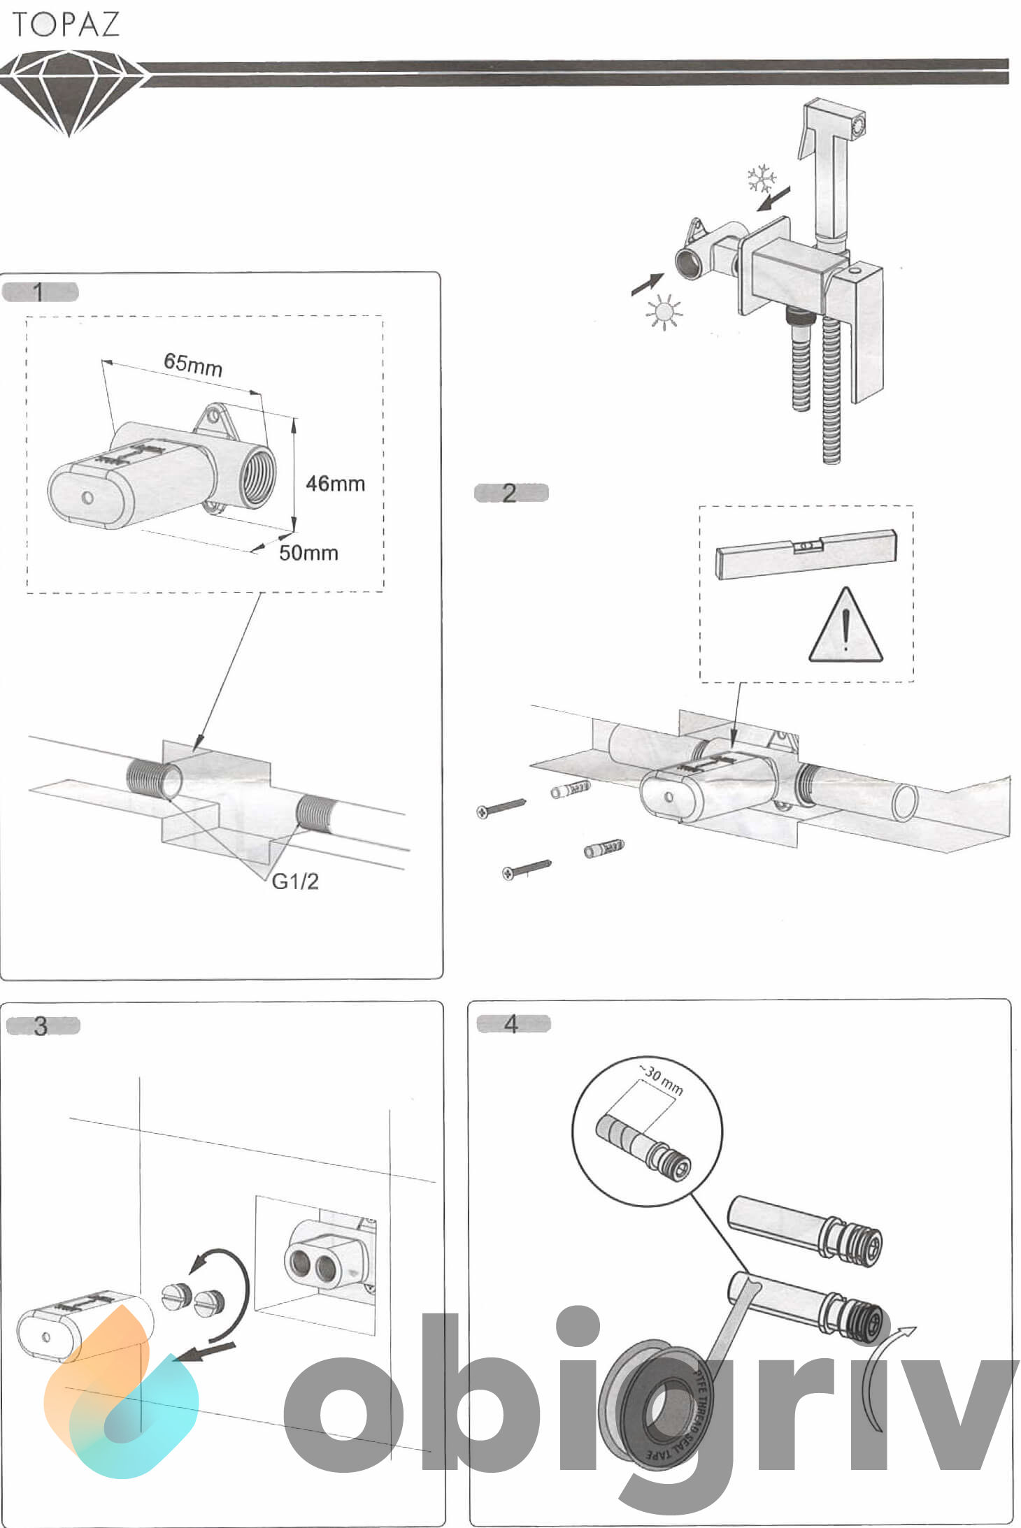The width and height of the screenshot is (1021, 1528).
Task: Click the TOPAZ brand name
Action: pos(66,24)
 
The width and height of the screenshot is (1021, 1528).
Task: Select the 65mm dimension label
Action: pos(193,363)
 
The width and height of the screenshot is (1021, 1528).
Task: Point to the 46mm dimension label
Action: pos(336,483)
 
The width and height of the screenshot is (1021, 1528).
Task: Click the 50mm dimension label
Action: pos(308,553)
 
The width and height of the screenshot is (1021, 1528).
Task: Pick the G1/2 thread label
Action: pos(294,881)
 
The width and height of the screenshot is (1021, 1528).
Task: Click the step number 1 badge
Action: pos(40,291)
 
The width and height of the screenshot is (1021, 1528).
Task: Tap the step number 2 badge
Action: pos(511,493)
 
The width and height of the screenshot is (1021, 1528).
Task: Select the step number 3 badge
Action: pos(42,1025)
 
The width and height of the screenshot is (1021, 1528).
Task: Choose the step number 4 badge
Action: pos(513,1024)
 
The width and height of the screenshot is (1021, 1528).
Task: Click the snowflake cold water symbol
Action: pos(761,179)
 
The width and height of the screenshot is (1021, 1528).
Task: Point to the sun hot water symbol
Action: pos(663,311)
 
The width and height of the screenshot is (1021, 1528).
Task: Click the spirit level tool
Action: pos(806,553)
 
